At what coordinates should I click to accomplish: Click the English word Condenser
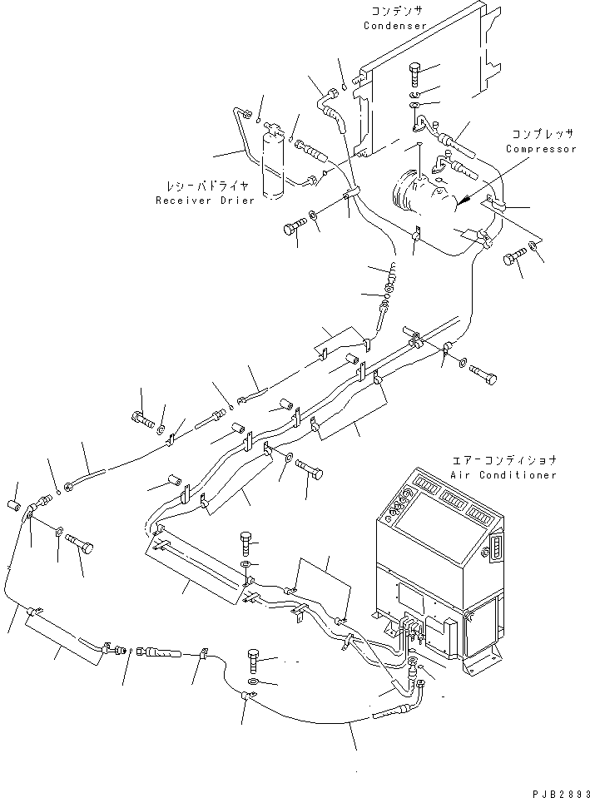[395, 26]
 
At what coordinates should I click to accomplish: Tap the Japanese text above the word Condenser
[395, 11]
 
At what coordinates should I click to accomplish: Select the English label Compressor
[541, 149]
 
